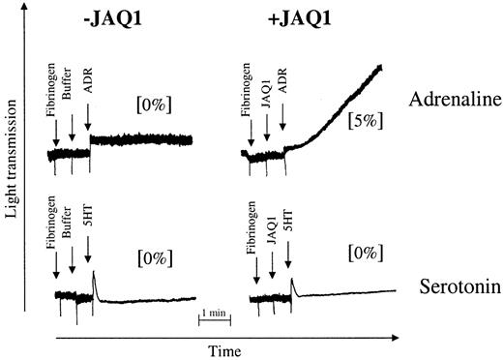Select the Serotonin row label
click(452, 288)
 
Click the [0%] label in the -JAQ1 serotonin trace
click(154, 258)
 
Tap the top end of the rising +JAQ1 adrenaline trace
click(381, 66)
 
